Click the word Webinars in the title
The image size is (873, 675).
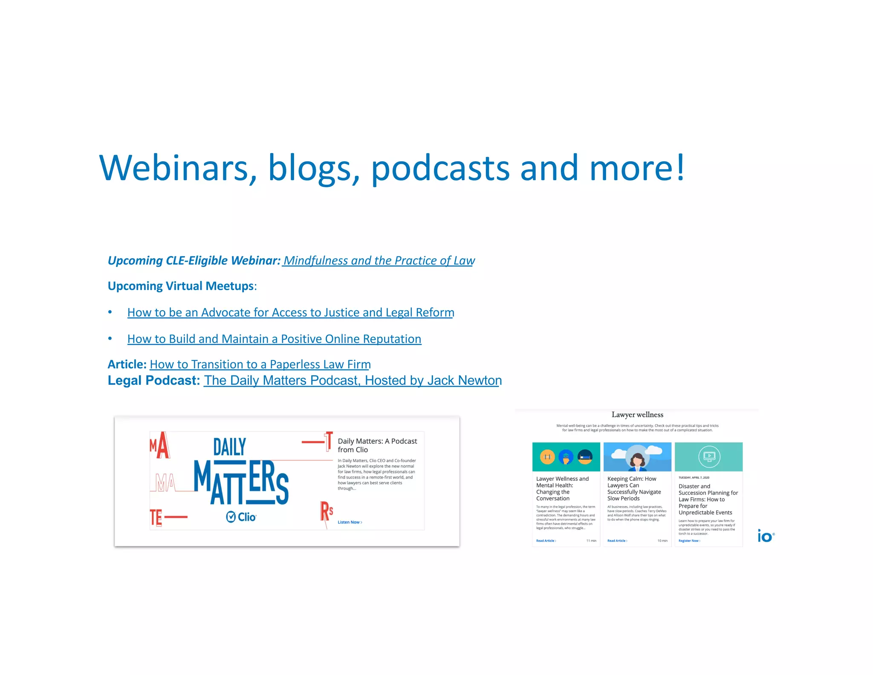pyautogui.click(x=173, y=168)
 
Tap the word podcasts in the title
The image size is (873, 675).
pyautogui.click(x=440, y=168)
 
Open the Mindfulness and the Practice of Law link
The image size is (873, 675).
pyautogui.click(x=379, y=261)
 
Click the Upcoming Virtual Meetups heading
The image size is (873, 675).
pyautogui.click(x=181, y=286)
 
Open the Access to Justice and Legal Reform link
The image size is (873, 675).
pyautogui.click(x=291, y=313)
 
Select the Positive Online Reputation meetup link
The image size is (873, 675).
pyautogui.click(x=274, y=339)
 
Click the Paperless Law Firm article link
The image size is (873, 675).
pyautogui.click(x=260, y=364)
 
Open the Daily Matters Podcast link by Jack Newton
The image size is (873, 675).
pyautogui.click(x=353, y=381)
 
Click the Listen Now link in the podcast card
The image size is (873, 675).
pyautogui.click(x=350, y=522)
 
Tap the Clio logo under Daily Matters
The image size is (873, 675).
pyautogui.click(x=241, y=517)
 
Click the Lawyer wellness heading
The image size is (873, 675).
pyautogui.click(x=637, y=415)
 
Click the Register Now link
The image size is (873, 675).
pyautogui.click(x=689, y=541)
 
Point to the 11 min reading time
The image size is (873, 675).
pyautogui.click(x=591, y=541)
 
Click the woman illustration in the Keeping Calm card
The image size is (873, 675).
pyautogui.click(x=637, y=459)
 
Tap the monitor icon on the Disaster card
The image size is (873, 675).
pyautogui.click(x=709, y=457)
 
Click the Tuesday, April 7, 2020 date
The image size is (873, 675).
pyautogui.click(x=694, y=477)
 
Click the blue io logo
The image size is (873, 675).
pyautogui.click(x=765, y=535)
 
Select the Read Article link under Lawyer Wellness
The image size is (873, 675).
pyautogui.click(x=546, y=541)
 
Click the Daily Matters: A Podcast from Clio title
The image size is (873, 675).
pyautogui.click(x=377, y=445)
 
